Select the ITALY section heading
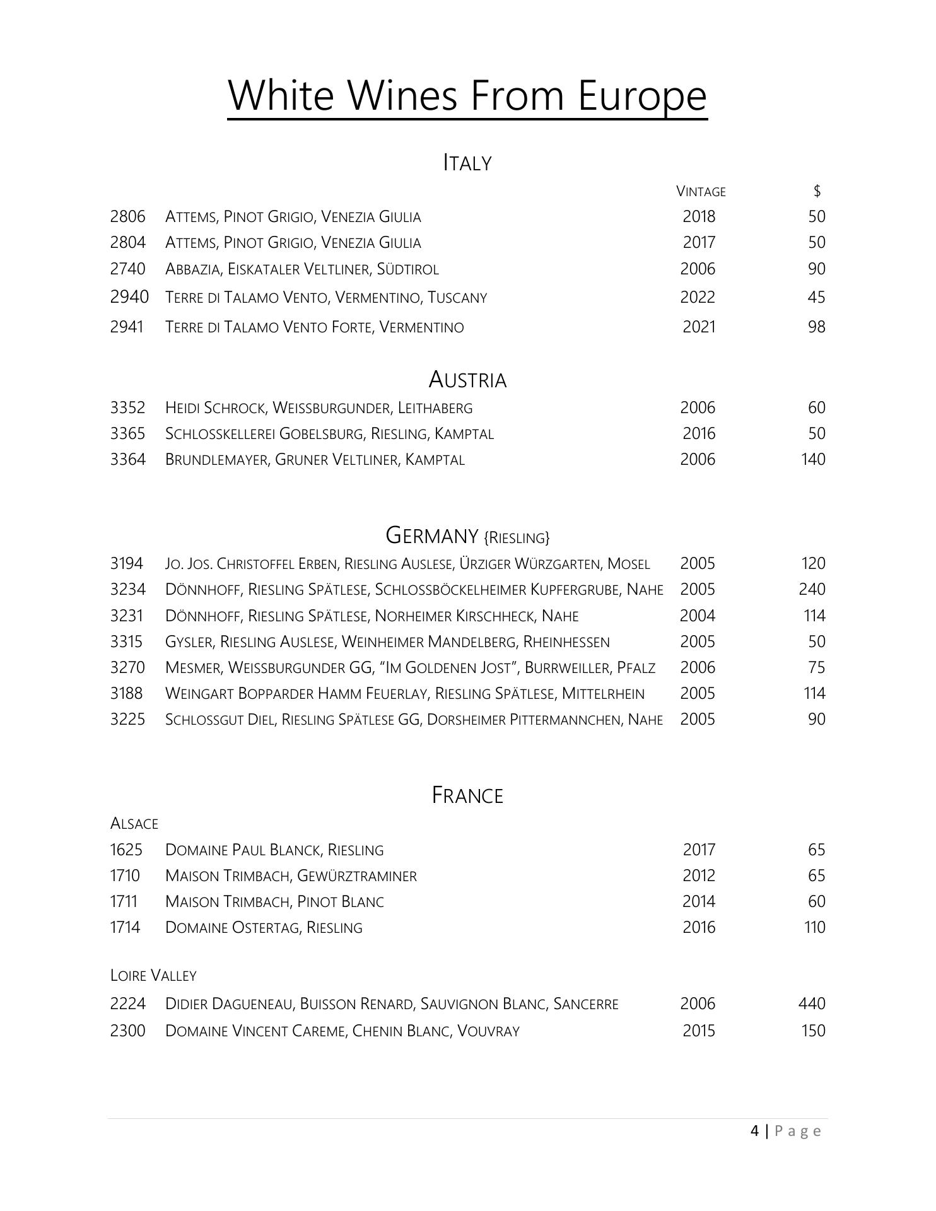tap(467, 163)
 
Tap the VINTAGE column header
tap(701, 191)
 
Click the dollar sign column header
tap(817, 190)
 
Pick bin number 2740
tap(127, 269)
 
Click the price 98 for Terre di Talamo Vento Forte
tap(816, 327)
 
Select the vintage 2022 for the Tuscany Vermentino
tap(698, 297)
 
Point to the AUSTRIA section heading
tap(467, 380)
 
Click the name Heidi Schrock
tap(214, 408)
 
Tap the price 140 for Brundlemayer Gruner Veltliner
tap(813, 459)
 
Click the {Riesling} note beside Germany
tap(517, 538)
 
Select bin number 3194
tap(127, 563)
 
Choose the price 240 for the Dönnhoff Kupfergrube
tap(812, 589)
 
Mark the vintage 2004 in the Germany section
tap(698, 616)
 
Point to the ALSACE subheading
tap(134, 824)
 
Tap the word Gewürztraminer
tap(356, 876)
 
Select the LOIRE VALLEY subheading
tap(153, 976)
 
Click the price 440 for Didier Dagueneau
tap(812, 1003)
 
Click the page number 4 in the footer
tap(755, 1131)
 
